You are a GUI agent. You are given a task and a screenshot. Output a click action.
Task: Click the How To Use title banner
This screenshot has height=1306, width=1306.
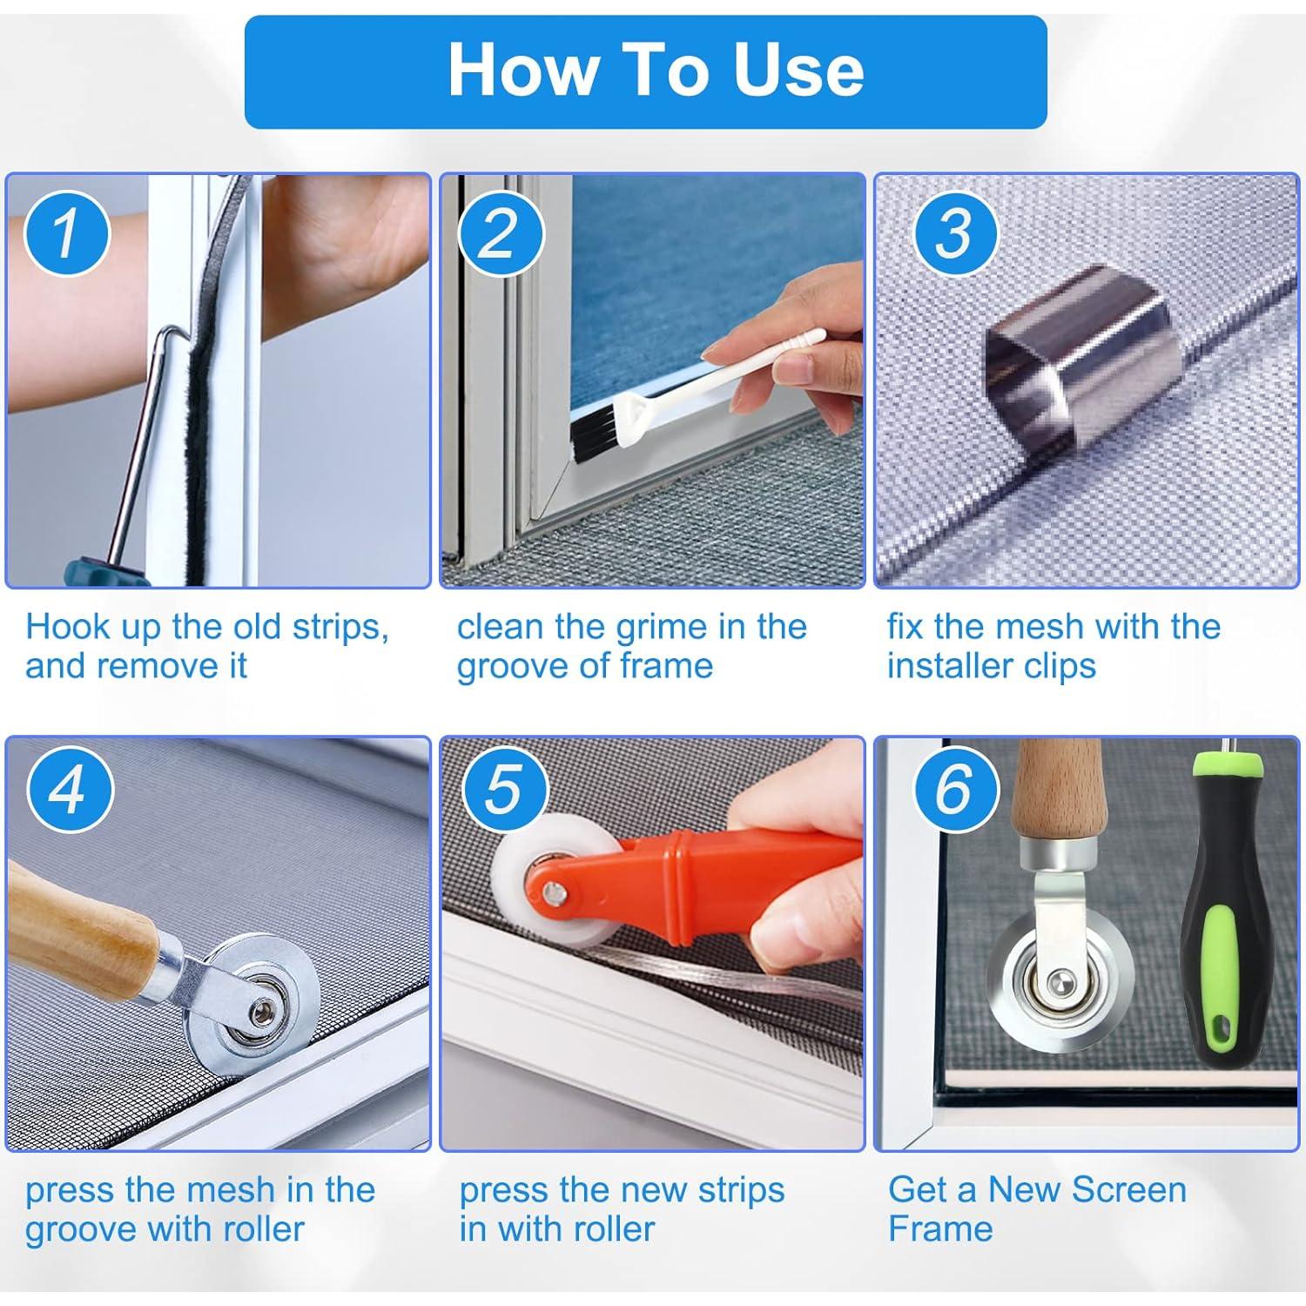pyautogui.click(x=645, y=72)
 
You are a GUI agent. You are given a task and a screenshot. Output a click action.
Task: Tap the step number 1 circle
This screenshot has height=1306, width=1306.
pyautogui.click(x=66, y=233)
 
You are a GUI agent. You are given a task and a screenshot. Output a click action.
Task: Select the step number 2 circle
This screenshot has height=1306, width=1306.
pyautogui.click(x=499, y=233)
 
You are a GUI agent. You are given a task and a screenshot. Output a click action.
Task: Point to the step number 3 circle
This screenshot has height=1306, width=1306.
pyautogui.click(x=955, y=233)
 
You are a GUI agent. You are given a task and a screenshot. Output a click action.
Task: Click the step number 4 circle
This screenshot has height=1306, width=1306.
pyautogui.click(x=68, y=790)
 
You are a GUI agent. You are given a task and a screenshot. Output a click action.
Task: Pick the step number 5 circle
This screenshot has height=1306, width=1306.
pyautogui.click(x=504, y=790)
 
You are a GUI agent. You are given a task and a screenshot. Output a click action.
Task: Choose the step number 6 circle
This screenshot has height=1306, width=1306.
pyautogui.click(x=955, y=790)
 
